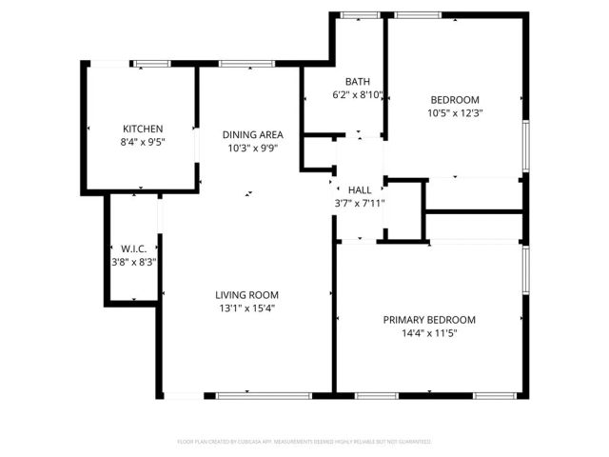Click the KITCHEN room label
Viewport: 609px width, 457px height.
[143, 129]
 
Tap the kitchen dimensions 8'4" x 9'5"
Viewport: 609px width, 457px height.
[143, 143]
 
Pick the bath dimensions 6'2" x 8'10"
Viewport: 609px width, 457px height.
[357, 94]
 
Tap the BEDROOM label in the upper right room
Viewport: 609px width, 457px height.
[455, 100]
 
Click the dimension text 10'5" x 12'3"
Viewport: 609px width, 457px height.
[456, 113]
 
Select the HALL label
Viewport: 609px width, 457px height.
[359, 190]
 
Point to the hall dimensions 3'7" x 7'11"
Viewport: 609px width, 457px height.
[359, 204]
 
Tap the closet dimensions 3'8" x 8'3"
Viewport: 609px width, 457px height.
[131, 263]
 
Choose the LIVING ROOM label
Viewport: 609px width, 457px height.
[246, 294]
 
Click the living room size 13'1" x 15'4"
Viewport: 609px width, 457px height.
[246, 308]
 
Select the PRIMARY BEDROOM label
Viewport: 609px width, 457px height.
[429, 320]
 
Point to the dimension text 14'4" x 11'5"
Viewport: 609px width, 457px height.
[429, 333]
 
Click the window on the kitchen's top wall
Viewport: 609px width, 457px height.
[150, 64]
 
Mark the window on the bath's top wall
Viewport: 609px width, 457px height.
[356, 14]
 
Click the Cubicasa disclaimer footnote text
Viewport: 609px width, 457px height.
[304, 442]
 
